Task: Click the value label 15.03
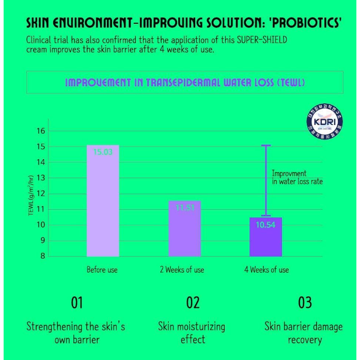click(x=103, y=152)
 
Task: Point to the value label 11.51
click(x=184, y=208)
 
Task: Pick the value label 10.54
click(x=265, y=225)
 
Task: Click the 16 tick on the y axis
click(x=40, y=131)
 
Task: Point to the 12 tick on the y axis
click(x=40, y=194)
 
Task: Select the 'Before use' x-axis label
click(x=102, y=270)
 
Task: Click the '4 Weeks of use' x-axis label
click(x=267, y=270)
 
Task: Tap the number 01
click(x=76, y=302)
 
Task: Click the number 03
click(x=305, y=302)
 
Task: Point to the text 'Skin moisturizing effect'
click(x=192, y=333)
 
